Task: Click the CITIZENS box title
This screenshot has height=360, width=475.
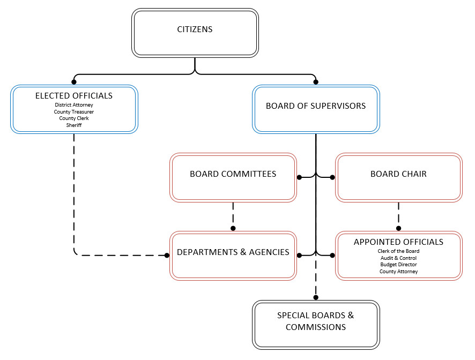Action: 195,29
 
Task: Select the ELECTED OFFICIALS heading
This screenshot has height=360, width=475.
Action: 74,95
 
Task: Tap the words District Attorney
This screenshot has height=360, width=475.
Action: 74,105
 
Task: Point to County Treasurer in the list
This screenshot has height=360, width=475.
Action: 74,111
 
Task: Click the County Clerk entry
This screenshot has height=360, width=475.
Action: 74,118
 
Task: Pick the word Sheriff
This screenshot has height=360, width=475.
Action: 74,125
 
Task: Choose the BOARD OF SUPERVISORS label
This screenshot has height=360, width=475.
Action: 316,106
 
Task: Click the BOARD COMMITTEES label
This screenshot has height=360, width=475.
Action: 233,174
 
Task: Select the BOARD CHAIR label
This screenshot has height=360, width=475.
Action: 398,174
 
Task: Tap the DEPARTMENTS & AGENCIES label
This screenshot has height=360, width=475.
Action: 233,252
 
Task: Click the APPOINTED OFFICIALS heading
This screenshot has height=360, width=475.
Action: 398,242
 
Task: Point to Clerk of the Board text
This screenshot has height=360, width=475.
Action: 398,251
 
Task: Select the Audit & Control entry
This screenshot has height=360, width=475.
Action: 398,258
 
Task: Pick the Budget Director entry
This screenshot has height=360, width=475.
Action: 398,265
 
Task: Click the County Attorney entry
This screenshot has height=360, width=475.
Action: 398,272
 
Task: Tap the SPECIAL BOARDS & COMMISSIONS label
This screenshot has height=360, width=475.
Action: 316,321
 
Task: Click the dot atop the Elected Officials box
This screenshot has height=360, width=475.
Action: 74,82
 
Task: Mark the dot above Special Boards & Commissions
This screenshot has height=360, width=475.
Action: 316,297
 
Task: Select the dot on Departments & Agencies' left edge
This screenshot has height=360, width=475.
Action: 167,256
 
